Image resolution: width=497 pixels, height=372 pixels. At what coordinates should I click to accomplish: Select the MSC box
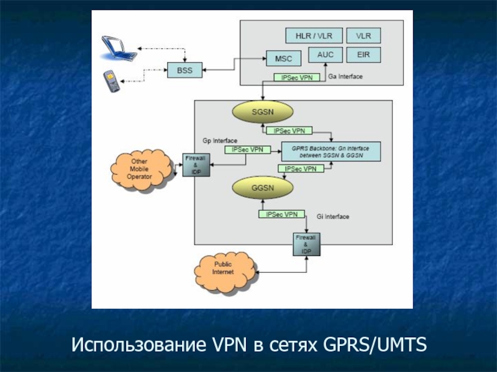pos(283,59)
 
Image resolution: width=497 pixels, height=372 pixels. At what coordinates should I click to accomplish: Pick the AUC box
pos(325,55)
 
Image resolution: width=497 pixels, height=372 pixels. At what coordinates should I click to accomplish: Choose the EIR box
pos(363,55)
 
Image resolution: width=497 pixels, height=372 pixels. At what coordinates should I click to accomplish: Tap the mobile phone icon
pos(112,82)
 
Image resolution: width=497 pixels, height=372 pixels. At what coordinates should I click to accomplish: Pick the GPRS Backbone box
pos(331,151)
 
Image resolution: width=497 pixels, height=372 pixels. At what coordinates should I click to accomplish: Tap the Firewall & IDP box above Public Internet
pos(306,244)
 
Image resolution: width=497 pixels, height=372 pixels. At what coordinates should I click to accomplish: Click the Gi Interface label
pos(333,216)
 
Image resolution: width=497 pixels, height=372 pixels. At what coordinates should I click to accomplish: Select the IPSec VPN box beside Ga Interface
pos(297,77)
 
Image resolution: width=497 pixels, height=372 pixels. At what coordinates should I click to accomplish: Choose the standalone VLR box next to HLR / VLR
pos(363,36)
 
